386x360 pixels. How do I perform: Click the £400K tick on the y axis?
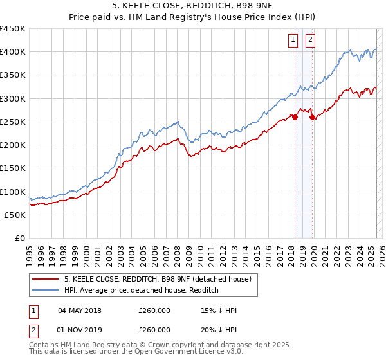13,52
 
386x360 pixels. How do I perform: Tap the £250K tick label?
13,122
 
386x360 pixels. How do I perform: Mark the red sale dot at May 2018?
295,117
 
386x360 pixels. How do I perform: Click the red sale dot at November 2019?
312,117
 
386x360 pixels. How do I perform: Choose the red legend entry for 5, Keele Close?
161,279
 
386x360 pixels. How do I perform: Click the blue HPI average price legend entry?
141,290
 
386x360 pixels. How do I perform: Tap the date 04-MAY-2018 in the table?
79,310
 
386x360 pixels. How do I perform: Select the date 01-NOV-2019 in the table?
79,329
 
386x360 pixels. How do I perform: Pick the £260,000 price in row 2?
155,329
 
